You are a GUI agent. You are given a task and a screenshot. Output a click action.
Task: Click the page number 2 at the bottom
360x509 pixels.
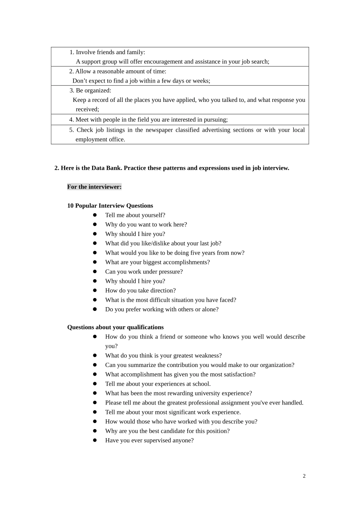click(304, 476)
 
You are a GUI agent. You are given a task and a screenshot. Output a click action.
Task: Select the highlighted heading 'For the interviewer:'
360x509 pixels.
click(94, 187)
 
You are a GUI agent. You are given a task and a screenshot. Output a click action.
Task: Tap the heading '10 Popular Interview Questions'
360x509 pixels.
click(110, 206)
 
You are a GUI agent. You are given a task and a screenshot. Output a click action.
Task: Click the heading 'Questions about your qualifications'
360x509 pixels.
click(115, 327)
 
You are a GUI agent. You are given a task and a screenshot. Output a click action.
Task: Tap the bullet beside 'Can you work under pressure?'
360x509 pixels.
click(95, 272)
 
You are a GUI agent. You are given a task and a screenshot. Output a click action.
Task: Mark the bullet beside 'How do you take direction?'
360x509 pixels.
click(95, 290)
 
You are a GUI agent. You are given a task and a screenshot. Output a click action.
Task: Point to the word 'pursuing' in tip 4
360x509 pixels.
click(215, 120)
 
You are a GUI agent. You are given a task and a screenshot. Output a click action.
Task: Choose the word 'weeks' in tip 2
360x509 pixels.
click(200, 81)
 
